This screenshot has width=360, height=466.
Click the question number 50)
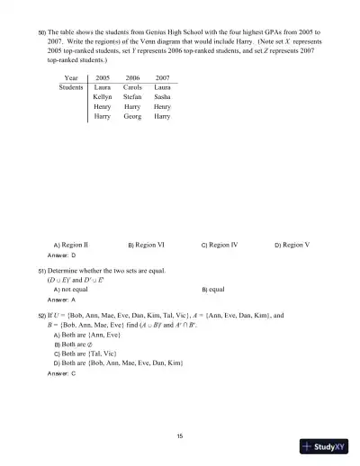pos(41,31)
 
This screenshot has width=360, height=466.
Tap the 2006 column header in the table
pos(133,79)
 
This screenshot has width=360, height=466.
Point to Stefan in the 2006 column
pos(133,98)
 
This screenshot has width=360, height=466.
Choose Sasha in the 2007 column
pos(163,98)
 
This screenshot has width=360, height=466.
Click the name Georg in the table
pos(133,117)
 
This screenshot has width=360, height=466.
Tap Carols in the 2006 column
pos(133,89)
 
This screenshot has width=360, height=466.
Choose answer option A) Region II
pos(71,245)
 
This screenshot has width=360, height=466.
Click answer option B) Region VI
pos(146,245)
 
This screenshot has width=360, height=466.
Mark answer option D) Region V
pos(292,245)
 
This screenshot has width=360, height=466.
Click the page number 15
pos(180,435)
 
